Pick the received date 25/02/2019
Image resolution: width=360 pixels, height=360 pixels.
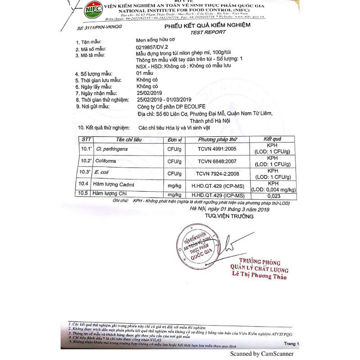pos(151,93)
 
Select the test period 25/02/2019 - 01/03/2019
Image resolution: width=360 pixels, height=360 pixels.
pos(164,99)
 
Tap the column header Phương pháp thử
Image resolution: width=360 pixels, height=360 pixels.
pos(217,139)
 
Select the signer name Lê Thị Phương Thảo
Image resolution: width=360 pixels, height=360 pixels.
pos(259,277)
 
